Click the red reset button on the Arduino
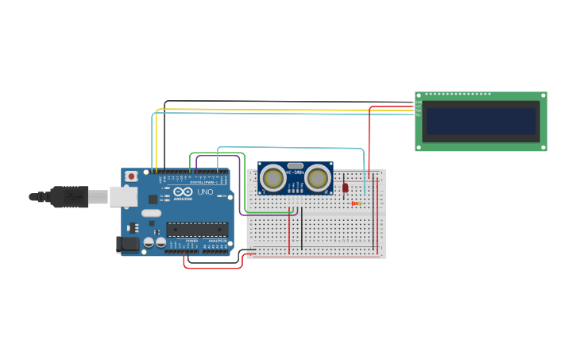coord(130,176)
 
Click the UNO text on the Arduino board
coord(205,192)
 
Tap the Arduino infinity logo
coord(183,192)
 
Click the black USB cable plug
coord(69,196)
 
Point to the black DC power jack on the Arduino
coord(127,245)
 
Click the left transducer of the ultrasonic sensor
coord(273,178)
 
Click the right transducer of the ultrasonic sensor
coord(318,178)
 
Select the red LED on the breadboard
coord(345,188)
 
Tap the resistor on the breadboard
coord(357,203)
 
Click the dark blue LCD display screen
coord(481,122)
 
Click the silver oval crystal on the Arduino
coord(151,213)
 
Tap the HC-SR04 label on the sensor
coord(295,172)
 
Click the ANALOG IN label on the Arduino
coord(217,241)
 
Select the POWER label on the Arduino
coord(191,241)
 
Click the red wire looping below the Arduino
coord(213,268)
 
